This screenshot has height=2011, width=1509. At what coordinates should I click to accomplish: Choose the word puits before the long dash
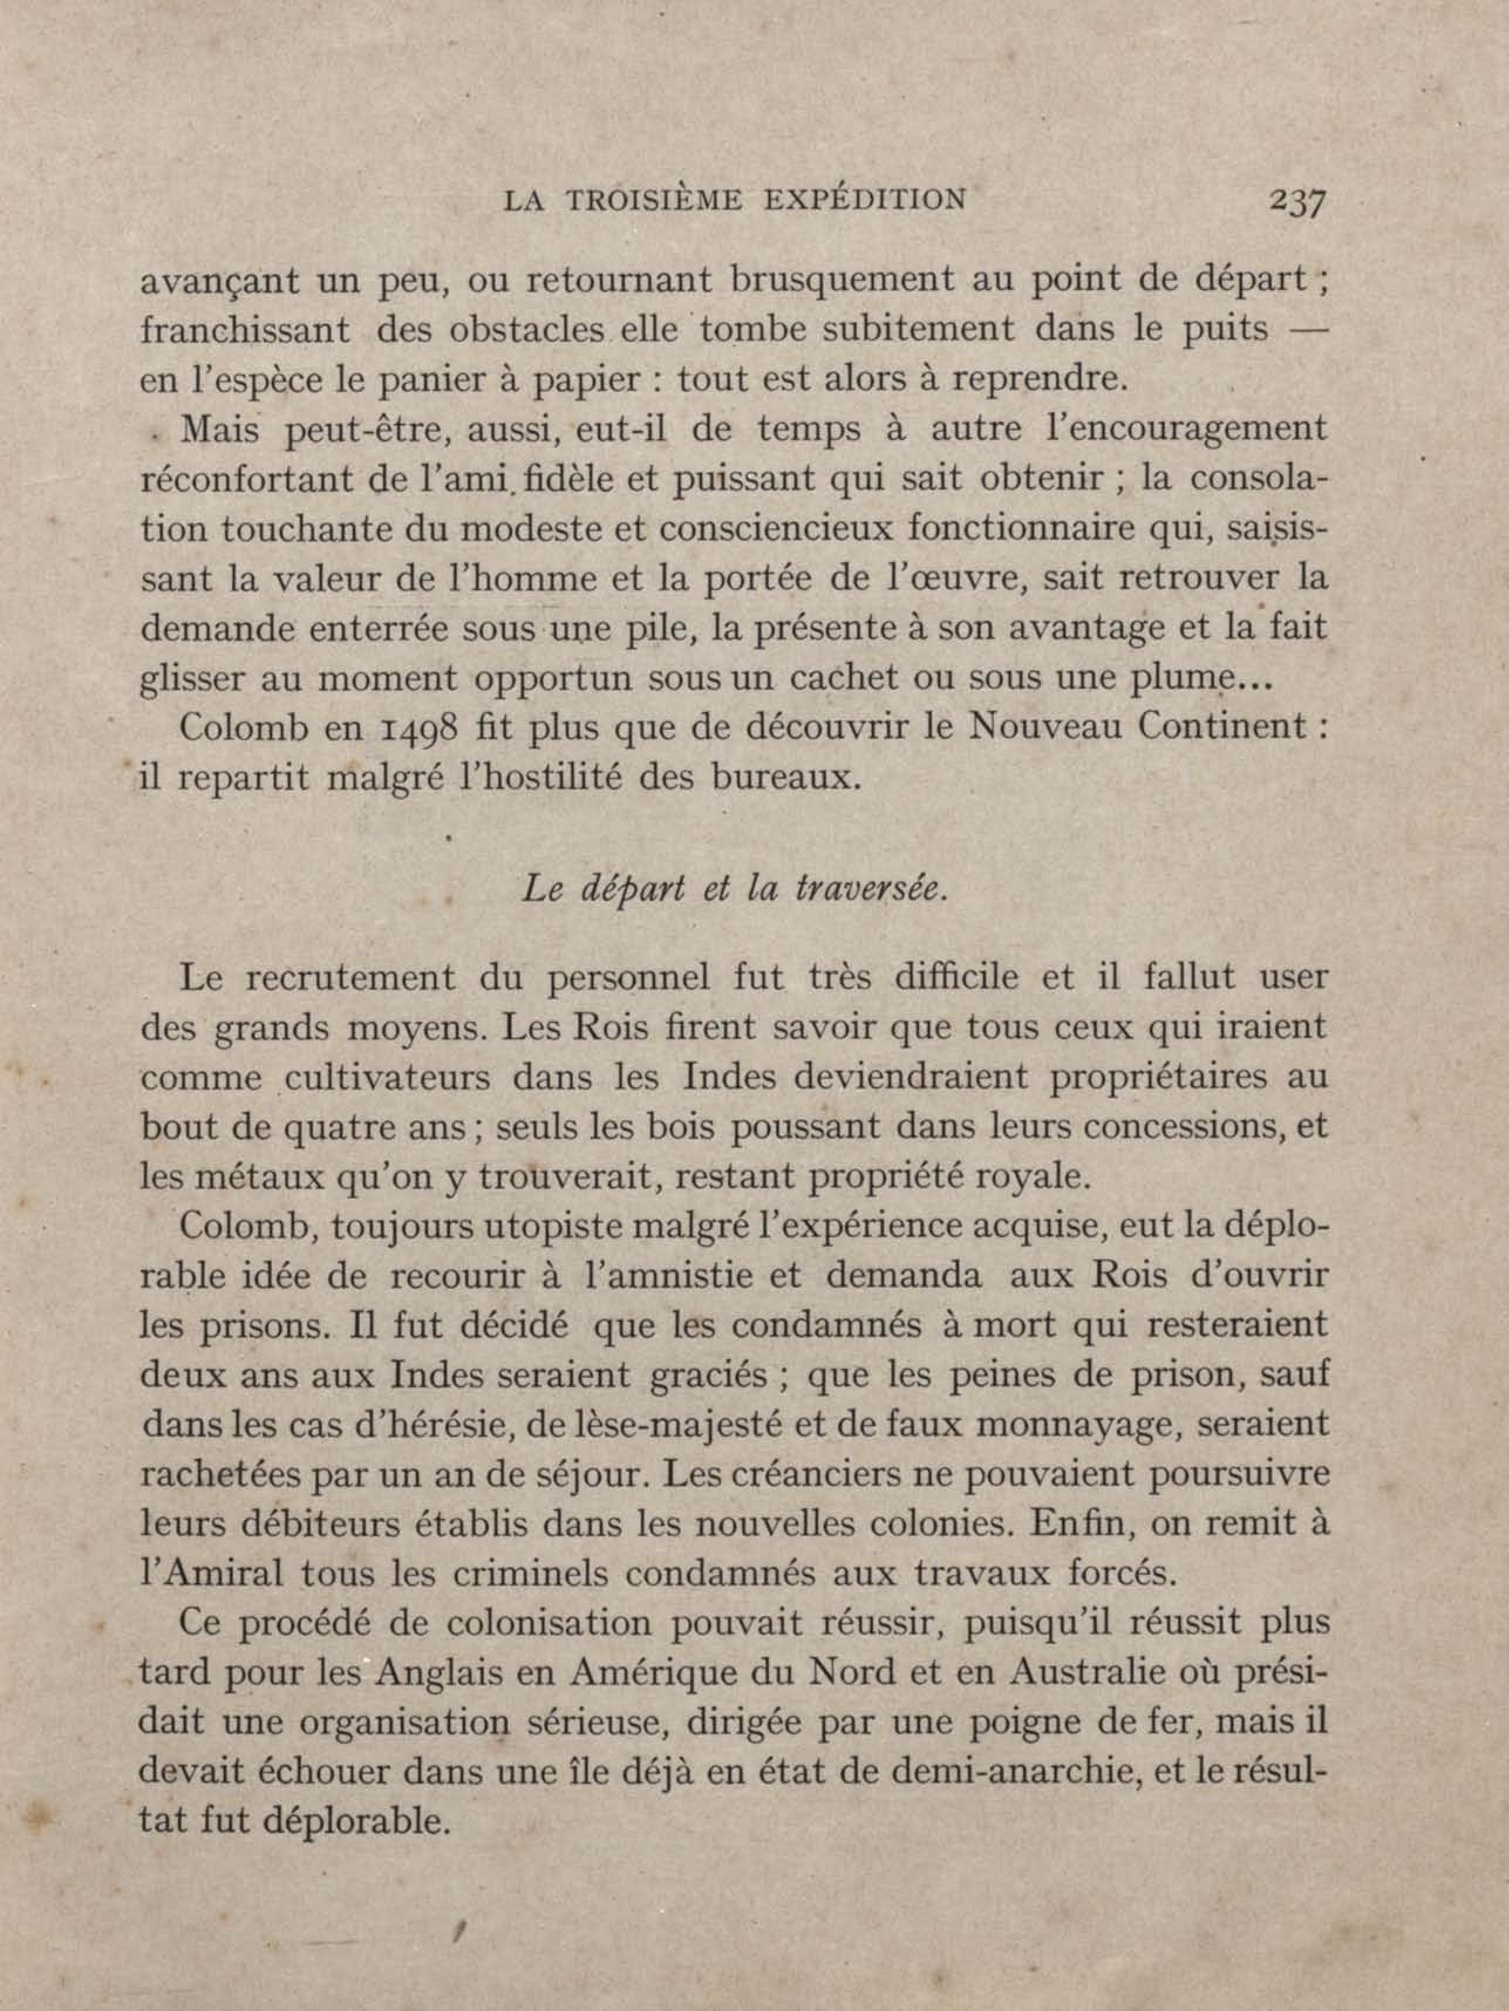pos(1224,329)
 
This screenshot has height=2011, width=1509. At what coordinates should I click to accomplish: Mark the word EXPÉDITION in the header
pos(864,200)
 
